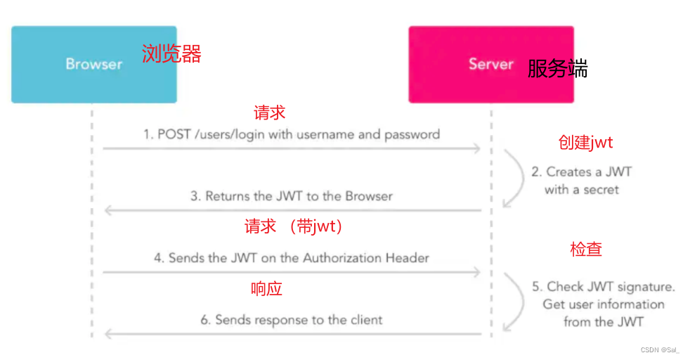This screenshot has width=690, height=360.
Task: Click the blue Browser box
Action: click(93, 64)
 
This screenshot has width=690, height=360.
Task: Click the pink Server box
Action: click(491, 64)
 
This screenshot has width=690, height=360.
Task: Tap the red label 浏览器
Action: click(171, 53)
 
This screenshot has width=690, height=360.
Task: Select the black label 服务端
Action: click(557, 69)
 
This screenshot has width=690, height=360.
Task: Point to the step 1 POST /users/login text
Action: click(292, 134)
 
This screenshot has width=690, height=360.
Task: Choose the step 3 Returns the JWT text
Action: click(292, 196)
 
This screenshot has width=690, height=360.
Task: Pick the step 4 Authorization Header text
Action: click(292, 258)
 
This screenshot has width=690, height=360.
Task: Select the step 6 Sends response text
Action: click(292, 320)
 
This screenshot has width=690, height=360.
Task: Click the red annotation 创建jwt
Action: click(585, 143)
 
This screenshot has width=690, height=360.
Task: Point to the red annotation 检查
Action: click(585, 249)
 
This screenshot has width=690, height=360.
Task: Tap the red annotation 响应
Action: click(266, 288)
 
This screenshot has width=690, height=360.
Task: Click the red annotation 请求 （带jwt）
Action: click(293, 226)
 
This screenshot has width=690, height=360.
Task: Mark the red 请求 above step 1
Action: click(269, 112)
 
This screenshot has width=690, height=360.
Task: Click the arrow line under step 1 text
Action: click(292, 148)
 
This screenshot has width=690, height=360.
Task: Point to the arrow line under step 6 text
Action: click(292, 334)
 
